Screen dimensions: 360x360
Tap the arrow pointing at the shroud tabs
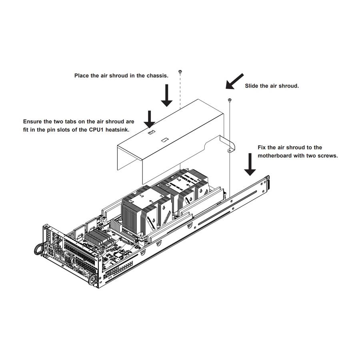coord(150,119)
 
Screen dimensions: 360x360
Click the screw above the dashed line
coord(180,72)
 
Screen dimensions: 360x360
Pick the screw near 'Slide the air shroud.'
coord(229,100)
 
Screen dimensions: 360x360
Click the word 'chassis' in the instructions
coord(157,75)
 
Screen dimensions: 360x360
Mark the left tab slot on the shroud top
coord(151,132)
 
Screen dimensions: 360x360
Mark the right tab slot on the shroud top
coord(164,140)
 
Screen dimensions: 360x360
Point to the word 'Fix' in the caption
coord(262,148)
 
